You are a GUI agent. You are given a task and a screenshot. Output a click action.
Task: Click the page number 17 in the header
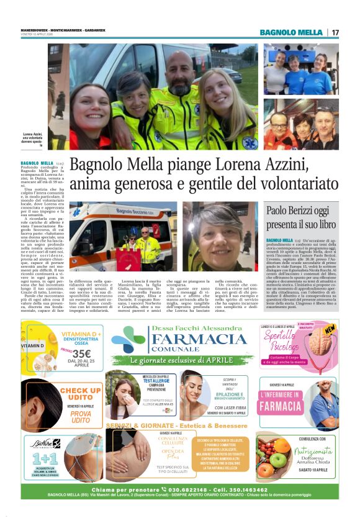[335, 32]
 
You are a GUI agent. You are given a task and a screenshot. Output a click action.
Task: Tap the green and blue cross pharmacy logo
[129, 339]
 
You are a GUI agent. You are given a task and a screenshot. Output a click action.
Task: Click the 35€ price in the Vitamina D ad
[76, 355]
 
